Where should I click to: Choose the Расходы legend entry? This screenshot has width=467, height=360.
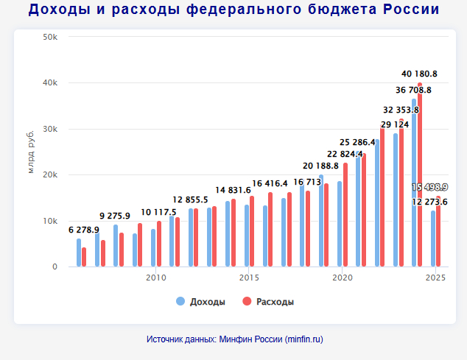point(274,302)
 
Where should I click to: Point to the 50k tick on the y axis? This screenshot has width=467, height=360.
point(51,37)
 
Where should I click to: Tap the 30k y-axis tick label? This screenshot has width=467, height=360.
point(51,129)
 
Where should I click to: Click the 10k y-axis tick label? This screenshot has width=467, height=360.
point(51,221)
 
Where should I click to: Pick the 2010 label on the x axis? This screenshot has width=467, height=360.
point(155,278)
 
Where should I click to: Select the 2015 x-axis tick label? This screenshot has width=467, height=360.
point(249,278)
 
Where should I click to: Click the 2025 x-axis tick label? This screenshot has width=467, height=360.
point(436,278)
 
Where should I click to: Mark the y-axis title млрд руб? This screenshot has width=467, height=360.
point(31,152)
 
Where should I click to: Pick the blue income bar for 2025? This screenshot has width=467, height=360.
point(433,239)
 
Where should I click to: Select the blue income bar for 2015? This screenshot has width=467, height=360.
point(247,236)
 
